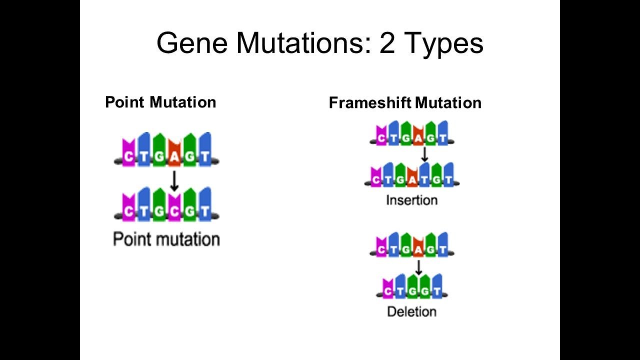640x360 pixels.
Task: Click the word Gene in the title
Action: tap(192, 43)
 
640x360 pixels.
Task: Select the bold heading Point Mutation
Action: tap(160, 102)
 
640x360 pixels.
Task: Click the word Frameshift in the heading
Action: tap(370, 103)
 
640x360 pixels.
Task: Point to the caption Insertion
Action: tap(411, 200)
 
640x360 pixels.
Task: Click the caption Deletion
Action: tap(411, 311)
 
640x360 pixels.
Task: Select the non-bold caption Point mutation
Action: tap(166, 239)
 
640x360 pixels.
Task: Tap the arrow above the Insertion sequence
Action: tap(424, 154)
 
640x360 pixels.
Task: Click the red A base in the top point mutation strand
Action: tap(174, 156)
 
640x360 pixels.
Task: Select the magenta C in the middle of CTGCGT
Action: tap(174, 211)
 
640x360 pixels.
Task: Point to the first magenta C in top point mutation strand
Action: tap(128, 156)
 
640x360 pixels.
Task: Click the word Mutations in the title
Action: tap(303, 43)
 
